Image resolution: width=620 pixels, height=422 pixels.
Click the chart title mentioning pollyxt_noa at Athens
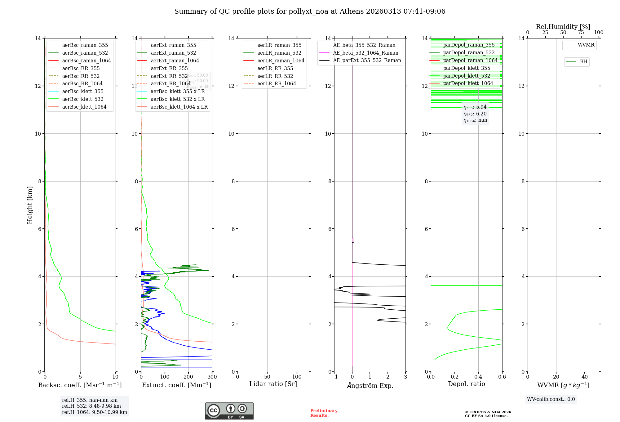(310, 11)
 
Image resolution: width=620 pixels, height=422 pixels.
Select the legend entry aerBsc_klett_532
(82, 99)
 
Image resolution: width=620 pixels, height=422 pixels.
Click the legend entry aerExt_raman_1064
(175, 61)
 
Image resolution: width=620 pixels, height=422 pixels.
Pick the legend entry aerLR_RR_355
(275, 69)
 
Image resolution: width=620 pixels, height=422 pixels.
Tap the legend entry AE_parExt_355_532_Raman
(367, 61)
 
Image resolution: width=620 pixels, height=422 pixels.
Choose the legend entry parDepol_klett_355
(467, 68)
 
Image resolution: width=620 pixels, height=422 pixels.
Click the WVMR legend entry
(586, 45)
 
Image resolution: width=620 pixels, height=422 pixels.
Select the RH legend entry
(583, 62)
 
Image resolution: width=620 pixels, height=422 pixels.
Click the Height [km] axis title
(30, 205)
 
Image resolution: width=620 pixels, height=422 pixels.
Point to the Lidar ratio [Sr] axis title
(273, 384)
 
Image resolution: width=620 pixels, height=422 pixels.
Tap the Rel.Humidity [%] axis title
(563, 27)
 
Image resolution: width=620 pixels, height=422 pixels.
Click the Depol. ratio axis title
(466, 384)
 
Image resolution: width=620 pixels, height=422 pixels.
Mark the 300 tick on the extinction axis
(212, 377)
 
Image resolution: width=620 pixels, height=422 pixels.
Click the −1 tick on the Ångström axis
(334, 377)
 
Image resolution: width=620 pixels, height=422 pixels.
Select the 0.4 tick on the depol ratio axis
(478, 377)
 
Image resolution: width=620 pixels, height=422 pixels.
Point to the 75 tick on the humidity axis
(581, 33)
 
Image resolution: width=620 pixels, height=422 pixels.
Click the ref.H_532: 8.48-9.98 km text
(91, 406)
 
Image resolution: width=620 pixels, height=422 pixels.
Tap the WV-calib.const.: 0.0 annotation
(551, 399)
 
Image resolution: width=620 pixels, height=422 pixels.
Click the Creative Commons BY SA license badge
(229, 411)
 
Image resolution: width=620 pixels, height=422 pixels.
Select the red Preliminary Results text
(324, 413)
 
